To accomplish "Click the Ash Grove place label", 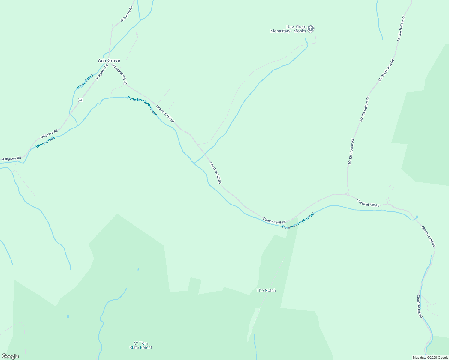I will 109,61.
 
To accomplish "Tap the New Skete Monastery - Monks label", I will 288,29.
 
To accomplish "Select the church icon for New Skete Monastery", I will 311,28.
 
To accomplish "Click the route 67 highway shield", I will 80,100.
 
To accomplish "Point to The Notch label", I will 266,290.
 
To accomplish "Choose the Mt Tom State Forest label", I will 140,345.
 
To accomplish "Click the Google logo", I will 10,356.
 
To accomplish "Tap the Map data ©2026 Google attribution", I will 430,358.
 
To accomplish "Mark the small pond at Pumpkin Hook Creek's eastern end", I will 417,217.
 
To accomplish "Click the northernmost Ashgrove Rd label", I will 126,14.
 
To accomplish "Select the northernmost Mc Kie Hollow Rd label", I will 401,28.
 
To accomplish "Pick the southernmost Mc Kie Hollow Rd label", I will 351,151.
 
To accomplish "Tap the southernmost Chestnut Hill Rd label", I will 420,307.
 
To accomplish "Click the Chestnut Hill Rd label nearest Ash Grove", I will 120,75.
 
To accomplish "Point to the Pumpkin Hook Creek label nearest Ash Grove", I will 142,106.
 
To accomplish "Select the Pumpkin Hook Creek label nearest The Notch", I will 298,221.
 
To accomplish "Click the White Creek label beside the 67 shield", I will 86,82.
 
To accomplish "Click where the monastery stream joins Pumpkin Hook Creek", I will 194,163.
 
